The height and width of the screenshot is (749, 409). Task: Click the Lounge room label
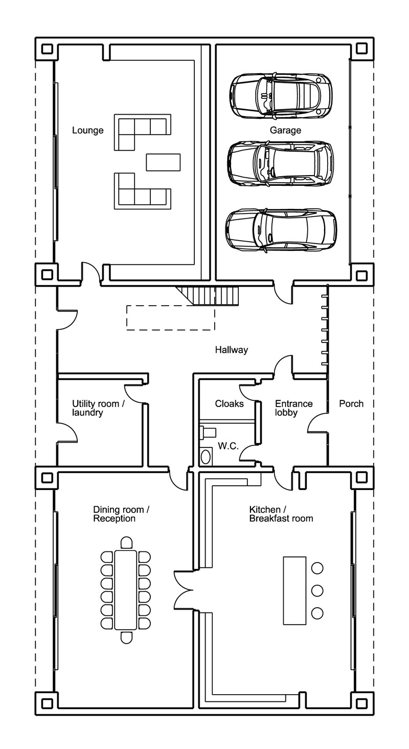[x=87, y=131]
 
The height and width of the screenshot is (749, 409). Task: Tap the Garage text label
[x=285, y=131]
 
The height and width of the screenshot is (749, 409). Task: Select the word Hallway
[x=231, y=350]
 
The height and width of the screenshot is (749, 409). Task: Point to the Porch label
[x=351, y=404]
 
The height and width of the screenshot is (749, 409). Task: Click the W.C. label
[x=228, y=446]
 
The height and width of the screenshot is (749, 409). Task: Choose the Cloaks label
[x=229, y=404]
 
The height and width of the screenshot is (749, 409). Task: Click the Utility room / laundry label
[x=98, y=408]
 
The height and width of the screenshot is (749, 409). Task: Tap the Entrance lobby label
[x=293, y=408]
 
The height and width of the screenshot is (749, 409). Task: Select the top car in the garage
[x=280, y=94]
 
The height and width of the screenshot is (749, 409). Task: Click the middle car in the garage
[x=280, y=163]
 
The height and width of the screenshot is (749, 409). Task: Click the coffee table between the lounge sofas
[x=163, y=162]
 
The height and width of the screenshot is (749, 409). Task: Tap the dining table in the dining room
[x=126, y=590]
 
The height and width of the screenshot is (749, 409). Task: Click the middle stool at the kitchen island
[x=317, y=590]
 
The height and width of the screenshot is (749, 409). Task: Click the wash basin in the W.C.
[x=206, y=456]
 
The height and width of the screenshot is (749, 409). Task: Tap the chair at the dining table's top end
[x=126, y=543]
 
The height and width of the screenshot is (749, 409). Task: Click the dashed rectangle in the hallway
[x=170, y=317]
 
